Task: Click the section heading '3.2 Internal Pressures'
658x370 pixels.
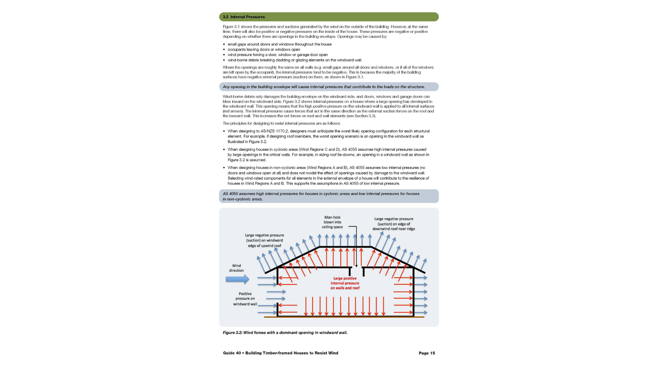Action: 244,17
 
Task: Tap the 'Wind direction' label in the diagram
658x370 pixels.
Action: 236,268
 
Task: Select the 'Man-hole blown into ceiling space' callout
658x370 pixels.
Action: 332,222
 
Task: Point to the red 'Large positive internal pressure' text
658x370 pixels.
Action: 345,283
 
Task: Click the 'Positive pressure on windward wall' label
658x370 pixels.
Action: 245,299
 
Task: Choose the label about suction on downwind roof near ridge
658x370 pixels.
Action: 393,224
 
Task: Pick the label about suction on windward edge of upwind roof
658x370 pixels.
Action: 264,241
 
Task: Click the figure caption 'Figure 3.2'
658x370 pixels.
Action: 285,333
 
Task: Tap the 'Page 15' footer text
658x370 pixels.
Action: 427,353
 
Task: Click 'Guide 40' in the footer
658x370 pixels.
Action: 232,353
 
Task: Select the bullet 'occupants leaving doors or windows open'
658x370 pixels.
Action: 264,49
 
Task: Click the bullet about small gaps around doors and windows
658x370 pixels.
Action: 279,44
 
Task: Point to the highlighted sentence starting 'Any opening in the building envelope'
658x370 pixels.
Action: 324,87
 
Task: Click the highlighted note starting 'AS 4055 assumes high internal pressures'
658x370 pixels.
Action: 321,196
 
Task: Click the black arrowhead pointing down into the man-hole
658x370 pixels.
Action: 356,266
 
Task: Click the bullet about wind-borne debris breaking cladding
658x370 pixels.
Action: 295,60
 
